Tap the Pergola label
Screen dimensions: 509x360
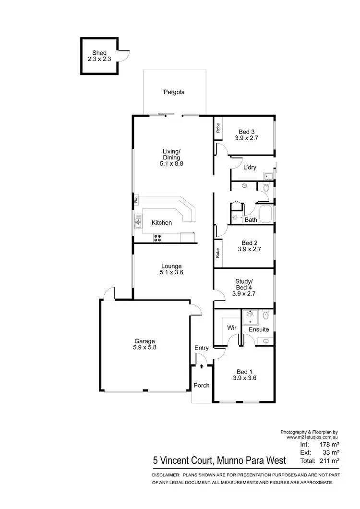click(174, 92)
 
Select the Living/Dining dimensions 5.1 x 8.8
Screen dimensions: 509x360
click(172, 163)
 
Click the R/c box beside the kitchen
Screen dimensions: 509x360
click(136, 198)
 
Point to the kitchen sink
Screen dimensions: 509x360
click(138, 221)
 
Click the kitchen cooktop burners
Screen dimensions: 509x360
click(157, 237)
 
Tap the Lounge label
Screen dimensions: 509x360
click(171, 266)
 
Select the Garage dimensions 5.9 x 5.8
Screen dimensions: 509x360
click(144, 347)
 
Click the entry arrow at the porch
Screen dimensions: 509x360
click(202, 366)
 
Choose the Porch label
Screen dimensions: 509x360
click(202, 386)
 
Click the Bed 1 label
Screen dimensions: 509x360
click(244, 372)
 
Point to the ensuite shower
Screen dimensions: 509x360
click(250, 316)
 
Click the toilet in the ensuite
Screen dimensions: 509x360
click(266, 316)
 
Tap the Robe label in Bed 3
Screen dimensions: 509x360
click(217, 128)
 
